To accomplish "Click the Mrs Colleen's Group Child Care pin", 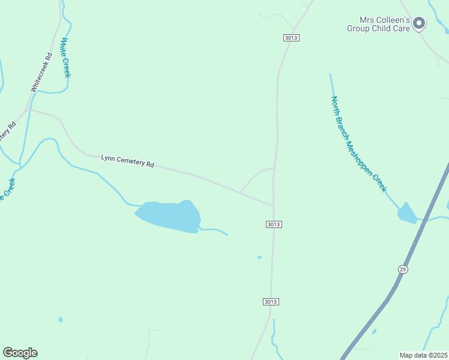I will [x=419, y=23].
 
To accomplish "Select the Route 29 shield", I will [x=403, y=269].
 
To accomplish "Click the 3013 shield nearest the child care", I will [x=291, y=38].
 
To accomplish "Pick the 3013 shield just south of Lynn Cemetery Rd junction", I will [x=274, y=224].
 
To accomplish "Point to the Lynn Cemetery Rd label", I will [x=127, y=161].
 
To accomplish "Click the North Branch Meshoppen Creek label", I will [x=359, y=145].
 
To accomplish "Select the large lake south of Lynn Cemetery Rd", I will [x=169, y=216].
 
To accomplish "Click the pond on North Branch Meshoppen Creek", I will [x=407, y=214].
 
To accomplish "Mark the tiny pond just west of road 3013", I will [x=259, y=257].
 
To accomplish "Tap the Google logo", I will [x=20, y=353].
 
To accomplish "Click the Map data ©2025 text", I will [x=423, y=355].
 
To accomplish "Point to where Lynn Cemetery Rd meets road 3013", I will [x=274, y=206].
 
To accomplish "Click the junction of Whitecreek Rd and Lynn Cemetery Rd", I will [x=27, y=109].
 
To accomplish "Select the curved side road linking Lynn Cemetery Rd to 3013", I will [x=255, y=175].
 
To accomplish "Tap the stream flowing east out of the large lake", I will [x=215, y=230].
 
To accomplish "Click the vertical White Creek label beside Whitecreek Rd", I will [x=65, y=58].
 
